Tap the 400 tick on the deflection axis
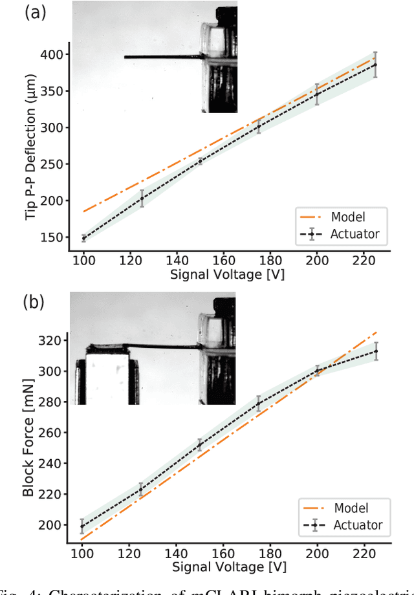point(54,54)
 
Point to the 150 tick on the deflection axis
point(54,237)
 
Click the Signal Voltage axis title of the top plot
point(227,274)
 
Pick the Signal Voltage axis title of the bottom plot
point(227,567)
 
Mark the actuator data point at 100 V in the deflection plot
point(83,238)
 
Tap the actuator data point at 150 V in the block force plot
point(200,445)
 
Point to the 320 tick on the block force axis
point(54,340)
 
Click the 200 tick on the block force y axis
point(54,525)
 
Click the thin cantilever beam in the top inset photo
point(162,57)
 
